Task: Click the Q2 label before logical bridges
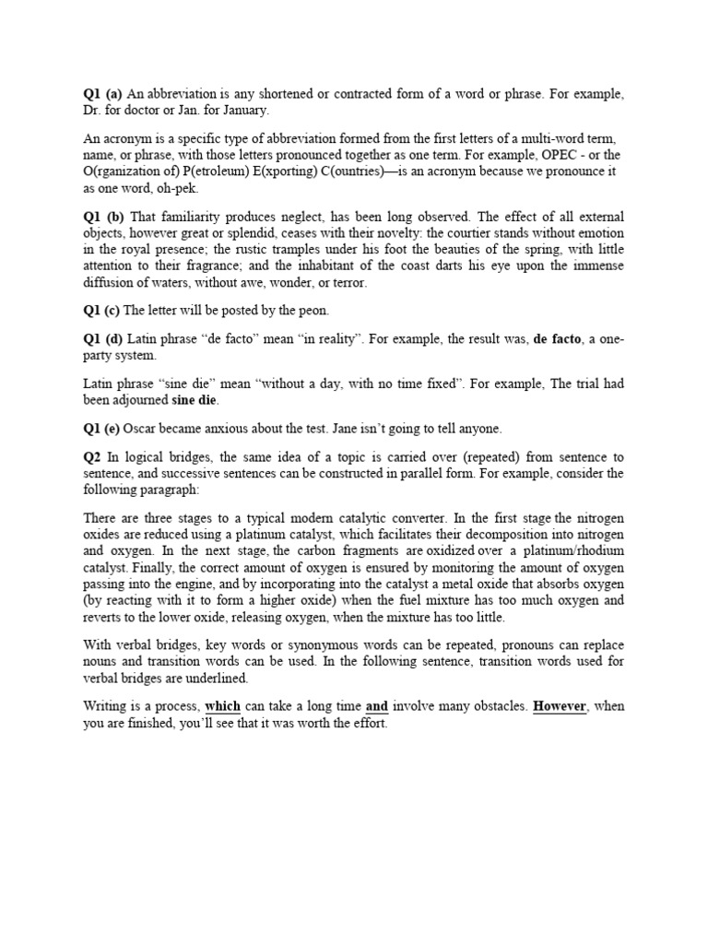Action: (x=92, y=456)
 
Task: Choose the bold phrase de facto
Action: (x=558, y=339)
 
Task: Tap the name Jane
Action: (x=345, y=428)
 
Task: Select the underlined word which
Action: (x=222, y=707)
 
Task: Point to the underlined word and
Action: (x=377, y=707)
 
